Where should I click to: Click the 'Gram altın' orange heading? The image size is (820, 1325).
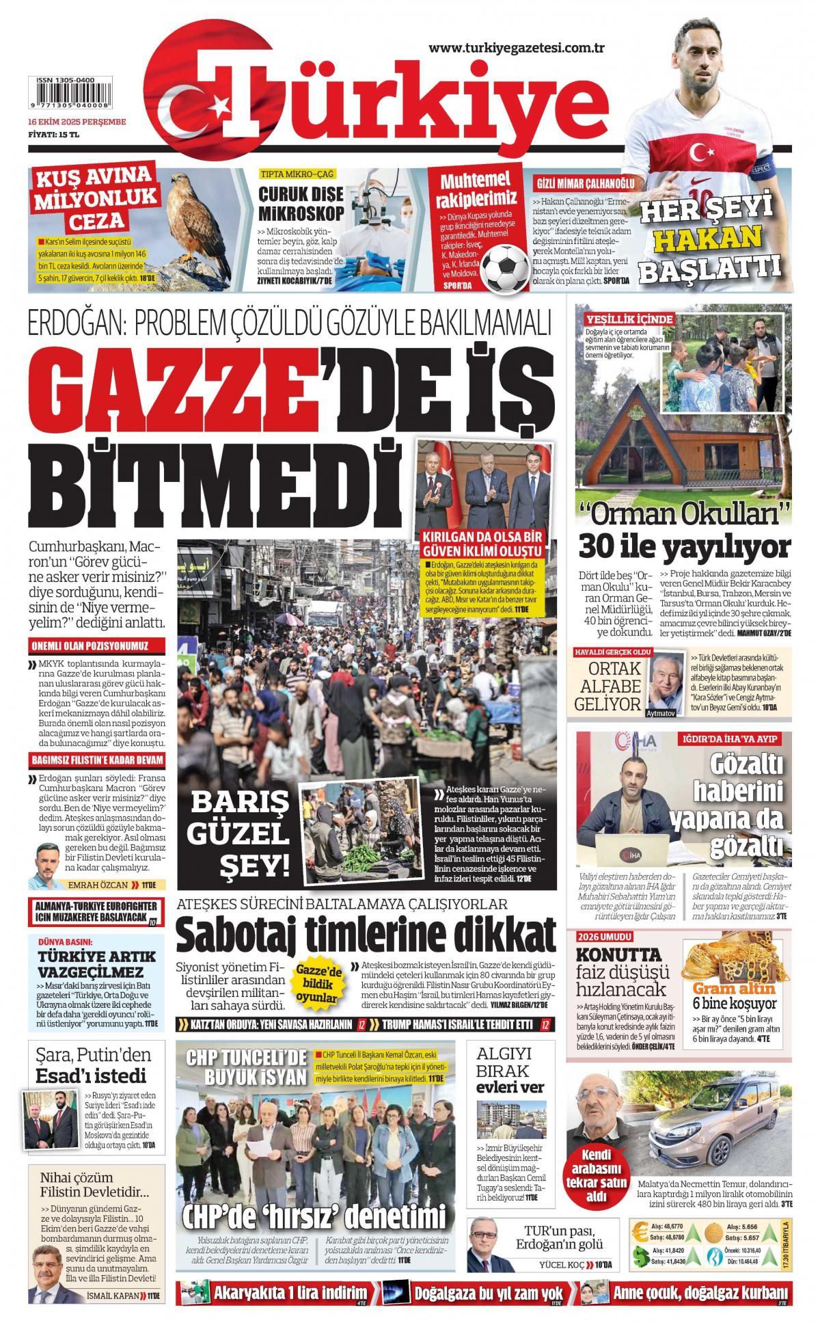point(734,989)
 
